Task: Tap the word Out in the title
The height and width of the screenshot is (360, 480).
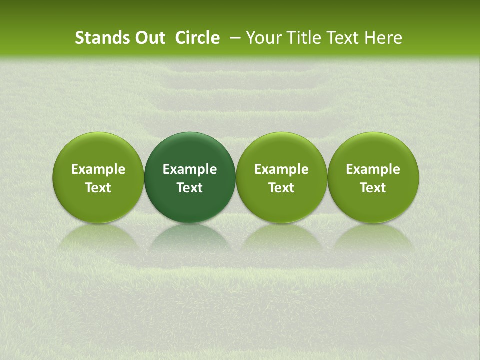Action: click(148, 38)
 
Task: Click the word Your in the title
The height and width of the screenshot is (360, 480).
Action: click(263, 38)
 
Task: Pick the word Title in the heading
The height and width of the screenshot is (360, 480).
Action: click(302, 38)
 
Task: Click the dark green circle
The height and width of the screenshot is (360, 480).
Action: click(190, 150)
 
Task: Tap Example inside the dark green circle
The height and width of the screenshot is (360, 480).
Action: click(190, 169)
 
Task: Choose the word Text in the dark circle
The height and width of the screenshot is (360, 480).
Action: click(190, 188)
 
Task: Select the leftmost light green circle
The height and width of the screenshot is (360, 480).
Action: click(98, 150)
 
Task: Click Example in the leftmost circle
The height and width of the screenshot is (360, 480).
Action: click(98, 169)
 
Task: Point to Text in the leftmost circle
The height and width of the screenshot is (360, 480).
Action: click(98, 188)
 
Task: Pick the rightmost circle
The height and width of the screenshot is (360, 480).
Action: click(373, 150)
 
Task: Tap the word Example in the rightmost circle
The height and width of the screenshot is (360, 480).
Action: click(373, 169)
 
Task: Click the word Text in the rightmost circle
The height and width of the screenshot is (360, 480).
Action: click(373, 188)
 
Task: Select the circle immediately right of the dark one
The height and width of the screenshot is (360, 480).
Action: click(281, 150)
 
